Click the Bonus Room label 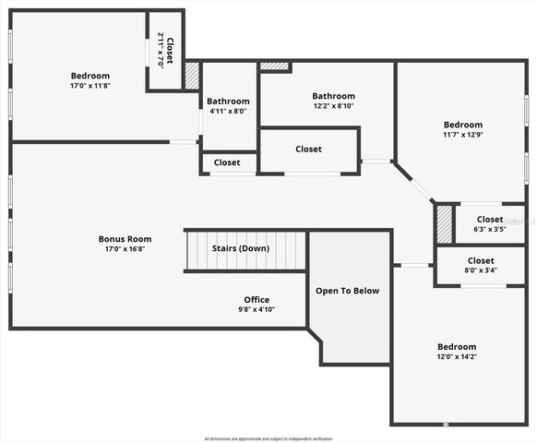tap(125, 238)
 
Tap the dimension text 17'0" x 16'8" tap(125, 248)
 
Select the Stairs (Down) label tap(241, 248)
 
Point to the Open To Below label tap(347, 291)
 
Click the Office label tap(257, 300)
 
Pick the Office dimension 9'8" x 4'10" tap(257, 310)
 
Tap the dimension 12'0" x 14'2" tap(457, 356)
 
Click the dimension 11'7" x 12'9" tap(462, 135)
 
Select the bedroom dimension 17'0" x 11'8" tap(90, 86)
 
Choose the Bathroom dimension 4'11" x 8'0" tap(228, 112)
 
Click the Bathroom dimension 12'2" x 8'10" tap(333, 106)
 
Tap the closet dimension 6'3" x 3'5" tap(490, 229)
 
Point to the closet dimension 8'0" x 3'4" tap(481, 270)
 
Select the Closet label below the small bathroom tap(227, 162)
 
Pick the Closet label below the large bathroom tap(308, 149)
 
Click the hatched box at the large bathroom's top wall tap(274, 66)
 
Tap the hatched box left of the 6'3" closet tap(444, 223)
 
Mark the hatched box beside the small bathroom tap(192, 76)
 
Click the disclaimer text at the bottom tap(268, 438)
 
